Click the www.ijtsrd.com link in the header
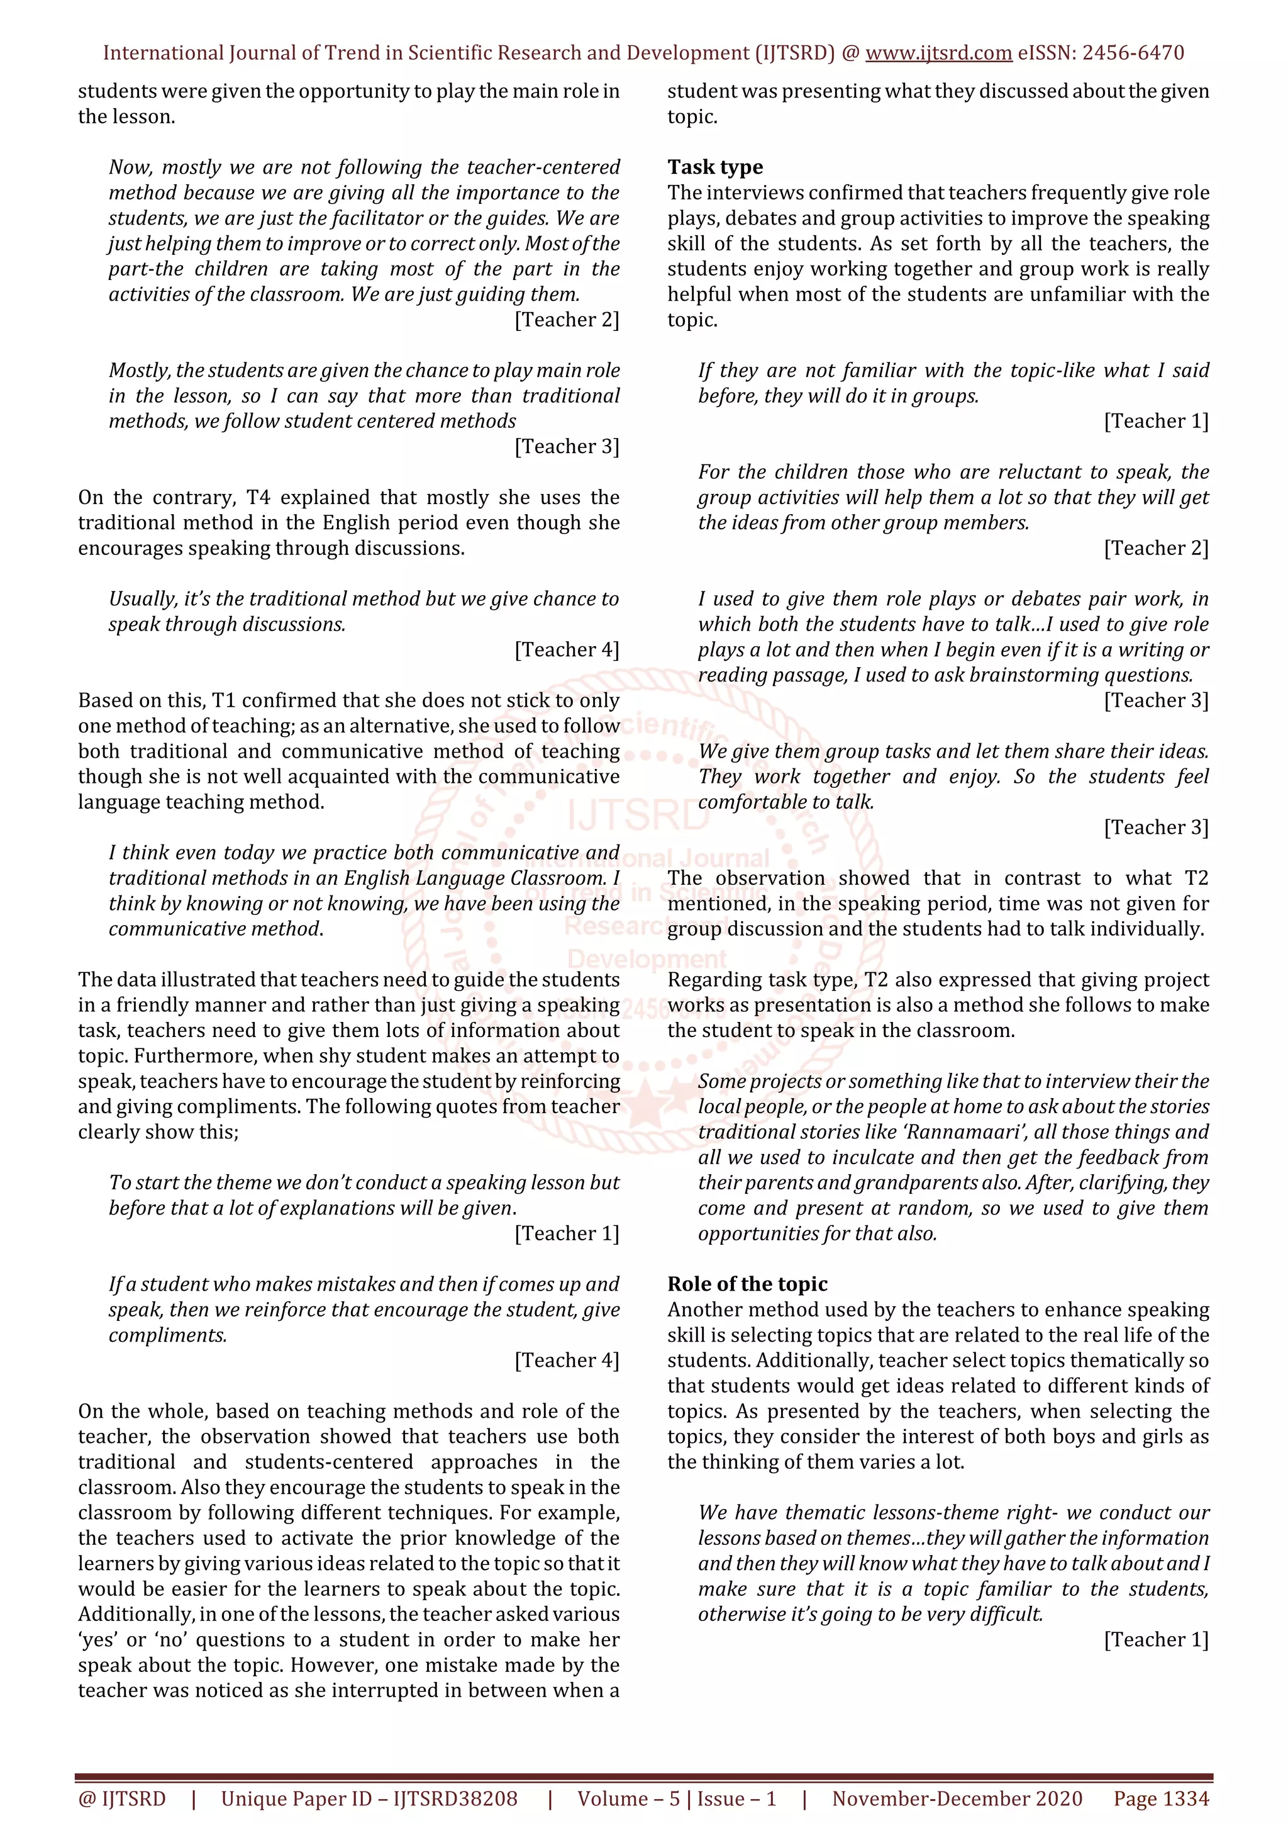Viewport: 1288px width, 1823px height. [938, 53]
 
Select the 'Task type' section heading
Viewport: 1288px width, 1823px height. [715, 167]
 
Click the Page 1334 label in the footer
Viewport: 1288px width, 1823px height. [1161, 1798]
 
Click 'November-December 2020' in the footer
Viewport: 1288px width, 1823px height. [957, 1798]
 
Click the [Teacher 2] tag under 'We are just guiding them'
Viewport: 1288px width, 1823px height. [567, 320]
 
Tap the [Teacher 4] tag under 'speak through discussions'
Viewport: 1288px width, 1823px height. [567, 649]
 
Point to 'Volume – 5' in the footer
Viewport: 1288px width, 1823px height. [628, 1798]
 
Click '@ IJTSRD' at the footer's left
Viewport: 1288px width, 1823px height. [121, 1798]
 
